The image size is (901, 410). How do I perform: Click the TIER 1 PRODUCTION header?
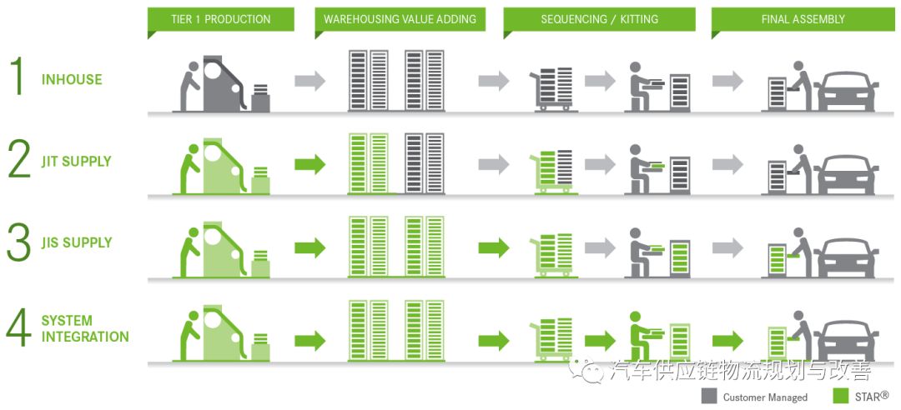(x=220, y=19)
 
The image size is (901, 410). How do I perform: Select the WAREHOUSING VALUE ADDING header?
(x=400, y=19)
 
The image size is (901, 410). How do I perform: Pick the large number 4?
(x=18, y=328)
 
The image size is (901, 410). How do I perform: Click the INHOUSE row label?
(x=72, y=80)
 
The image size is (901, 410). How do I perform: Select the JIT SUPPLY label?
(x=77, y=162)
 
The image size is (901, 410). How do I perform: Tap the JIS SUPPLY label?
(x=77, y=243)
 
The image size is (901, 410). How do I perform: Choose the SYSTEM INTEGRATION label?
(x=84, y=328)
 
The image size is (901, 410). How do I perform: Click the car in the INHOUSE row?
(x=848, y=91)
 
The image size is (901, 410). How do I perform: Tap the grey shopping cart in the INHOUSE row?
(x=552, y=89)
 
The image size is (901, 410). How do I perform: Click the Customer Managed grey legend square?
(x=709, y=396)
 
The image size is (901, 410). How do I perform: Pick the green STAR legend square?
(x=840, y=396)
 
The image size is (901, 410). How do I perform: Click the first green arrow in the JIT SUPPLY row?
(x=310, y=164)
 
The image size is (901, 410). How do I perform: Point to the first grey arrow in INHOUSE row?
(x=310, y=81)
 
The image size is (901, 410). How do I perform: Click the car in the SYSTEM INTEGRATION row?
(x=848, y=341)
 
